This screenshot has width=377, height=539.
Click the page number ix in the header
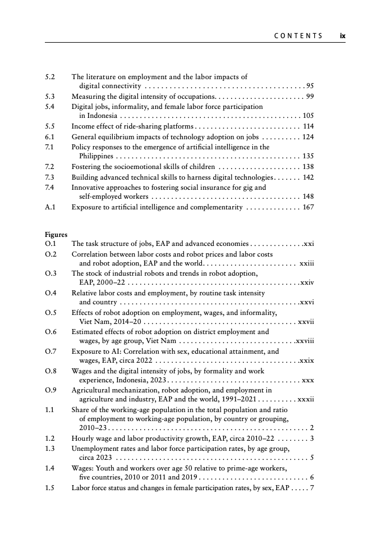(x=342, y=36)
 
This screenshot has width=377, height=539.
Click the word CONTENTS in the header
(x=298, y=36)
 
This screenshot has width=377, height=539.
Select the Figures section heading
(x=56, y=235)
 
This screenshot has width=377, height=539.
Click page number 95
(x=310, y=86)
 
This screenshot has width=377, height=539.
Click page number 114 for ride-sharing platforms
(x=308, y=126)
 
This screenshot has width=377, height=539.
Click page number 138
(x=308, y=167)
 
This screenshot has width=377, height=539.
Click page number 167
(x=308, y=207)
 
